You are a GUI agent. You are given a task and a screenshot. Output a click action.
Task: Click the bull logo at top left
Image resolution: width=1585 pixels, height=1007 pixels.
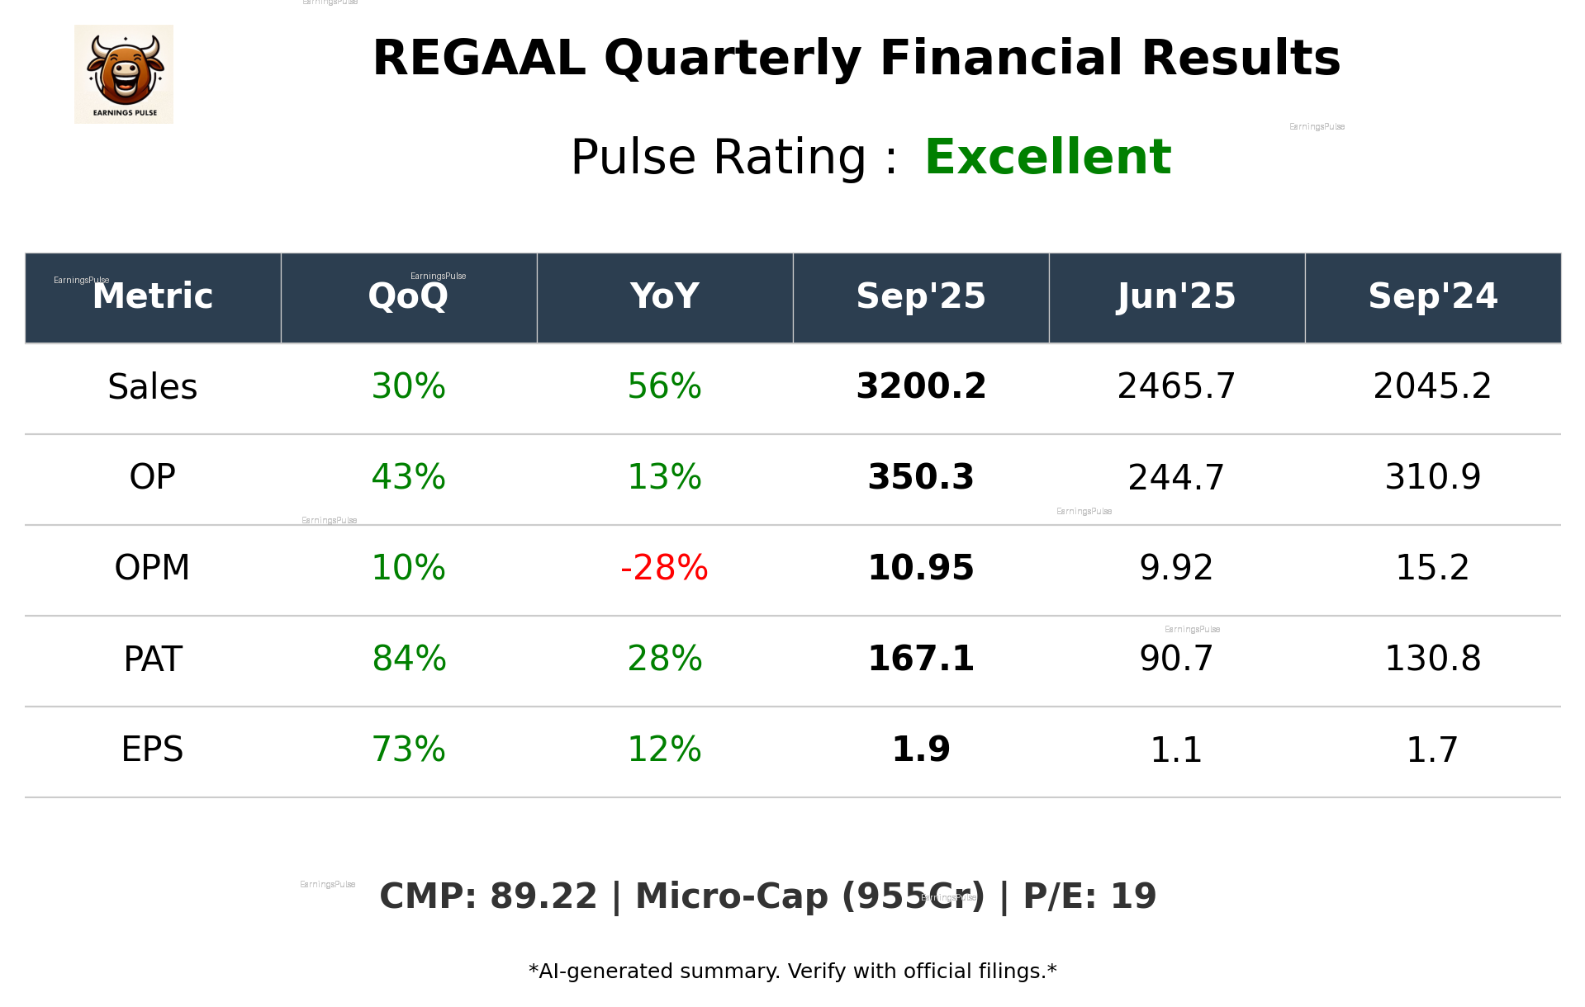[124, 74]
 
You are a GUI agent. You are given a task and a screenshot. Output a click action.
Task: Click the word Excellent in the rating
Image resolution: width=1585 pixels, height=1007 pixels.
[1047, 157]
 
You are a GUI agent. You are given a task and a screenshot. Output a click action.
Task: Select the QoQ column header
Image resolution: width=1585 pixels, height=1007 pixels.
[408, 296]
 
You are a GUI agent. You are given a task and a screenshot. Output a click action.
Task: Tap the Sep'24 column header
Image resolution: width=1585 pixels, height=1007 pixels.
[1432, 296]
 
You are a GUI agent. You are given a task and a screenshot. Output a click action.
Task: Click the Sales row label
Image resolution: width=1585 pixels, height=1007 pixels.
[153, 387]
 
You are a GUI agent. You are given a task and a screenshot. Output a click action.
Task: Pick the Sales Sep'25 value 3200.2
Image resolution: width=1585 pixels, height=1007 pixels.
[921, 387]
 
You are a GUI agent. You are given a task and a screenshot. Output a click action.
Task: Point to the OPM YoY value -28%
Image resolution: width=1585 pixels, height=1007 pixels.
[664, 568]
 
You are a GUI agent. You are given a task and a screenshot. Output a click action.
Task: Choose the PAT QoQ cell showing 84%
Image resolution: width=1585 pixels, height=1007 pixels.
[409, 659]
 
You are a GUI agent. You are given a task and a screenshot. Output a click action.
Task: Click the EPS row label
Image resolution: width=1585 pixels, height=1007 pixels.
[153, 749]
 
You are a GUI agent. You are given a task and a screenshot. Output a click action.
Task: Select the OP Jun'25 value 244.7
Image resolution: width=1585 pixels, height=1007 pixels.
[1176, 478]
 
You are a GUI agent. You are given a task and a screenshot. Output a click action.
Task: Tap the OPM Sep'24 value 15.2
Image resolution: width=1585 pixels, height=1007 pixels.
[1432, 568]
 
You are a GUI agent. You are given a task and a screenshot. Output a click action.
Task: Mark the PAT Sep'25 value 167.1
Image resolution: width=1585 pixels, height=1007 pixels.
[921, 659]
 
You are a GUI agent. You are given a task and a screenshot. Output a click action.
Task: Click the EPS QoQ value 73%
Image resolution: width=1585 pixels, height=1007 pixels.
[409, 749]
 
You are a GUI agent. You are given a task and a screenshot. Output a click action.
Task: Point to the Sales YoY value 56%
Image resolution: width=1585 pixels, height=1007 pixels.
[664, 387]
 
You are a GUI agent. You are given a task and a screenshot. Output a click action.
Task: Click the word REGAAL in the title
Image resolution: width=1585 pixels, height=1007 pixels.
[479, 59]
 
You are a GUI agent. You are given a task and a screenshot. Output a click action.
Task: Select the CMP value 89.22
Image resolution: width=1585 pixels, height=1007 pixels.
[543, 896]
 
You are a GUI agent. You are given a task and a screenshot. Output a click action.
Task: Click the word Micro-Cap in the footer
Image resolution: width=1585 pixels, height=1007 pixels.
[731, 896]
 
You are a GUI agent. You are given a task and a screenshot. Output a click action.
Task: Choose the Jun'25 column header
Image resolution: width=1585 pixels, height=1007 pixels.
[1176, 296]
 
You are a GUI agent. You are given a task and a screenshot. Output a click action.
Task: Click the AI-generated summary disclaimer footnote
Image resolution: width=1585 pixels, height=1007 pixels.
[792, 972]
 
